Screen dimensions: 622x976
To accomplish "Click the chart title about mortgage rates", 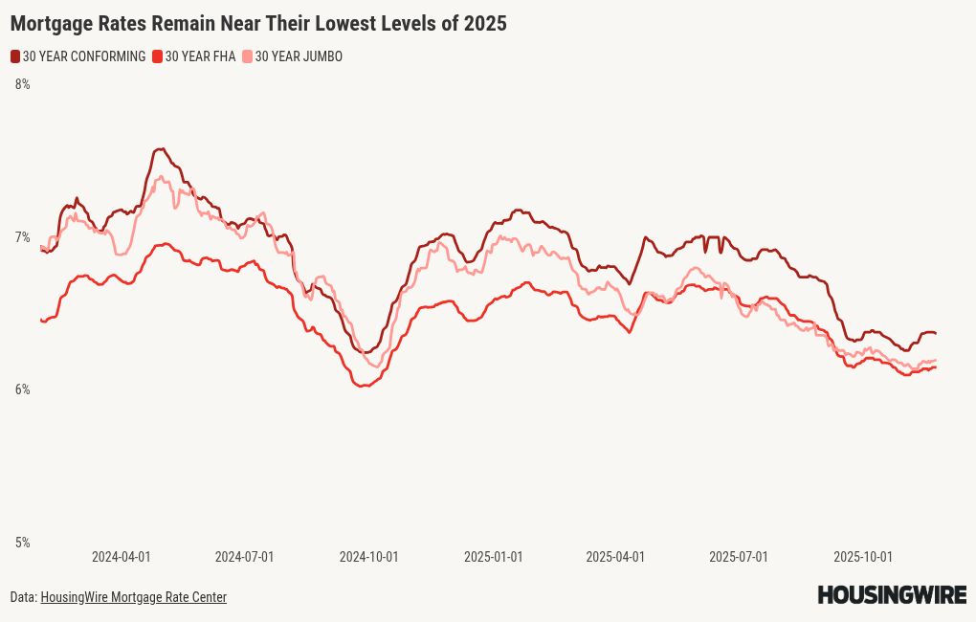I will click(x=258, y=24).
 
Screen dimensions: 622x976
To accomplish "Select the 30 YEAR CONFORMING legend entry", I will click(x=84, y=56).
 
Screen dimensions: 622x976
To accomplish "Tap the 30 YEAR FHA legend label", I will click(x=200, y=56).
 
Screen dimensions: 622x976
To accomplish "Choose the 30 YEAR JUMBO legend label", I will click(x=299, y=56).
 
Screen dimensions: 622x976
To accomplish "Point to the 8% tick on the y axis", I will click(x=22, y=84).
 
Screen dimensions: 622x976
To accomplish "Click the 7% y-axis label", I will click(x=22, y=237).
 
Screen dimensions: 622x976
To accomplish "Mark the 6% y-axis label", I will click(x=22, y=389).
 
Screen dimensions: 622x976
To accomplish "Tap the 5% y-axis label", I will click(x=22, y=543).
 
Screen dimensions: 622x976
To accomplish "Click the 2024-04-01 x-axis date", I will click(x=121, y=557).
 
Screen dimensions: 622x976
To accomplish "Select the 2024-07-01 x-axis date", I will click(x=244, y=557).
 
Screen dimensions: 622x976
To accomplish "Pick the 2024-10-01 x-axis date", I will click(x=368, y=557).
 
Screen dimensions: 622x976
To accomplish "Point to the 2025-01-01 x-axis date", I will click(x=493, y=557).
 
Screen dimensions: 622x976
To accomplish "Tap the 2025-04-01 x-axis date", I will click(x=615, y=557).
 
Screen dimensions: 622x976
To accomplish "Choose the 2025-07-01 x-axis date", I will click(x=739, y=557).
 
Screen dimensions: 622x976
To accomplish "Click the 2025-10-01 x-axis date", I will click(x=863, y=557).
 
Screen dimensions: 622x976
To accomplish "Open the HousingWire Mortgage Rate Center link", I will click(x=133, y=597).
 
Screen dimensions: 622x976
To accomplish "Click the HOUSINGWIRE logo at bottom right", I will click(x=892, y=595).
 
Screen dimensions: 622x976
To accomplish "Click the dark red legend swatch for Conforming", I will click(x=15, y=56).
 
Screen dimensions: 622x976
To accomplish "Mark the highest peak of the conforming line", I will click(x=160, y=149).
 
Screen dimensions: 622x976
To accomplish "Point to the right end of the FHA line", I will click(x=935, y=367).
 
